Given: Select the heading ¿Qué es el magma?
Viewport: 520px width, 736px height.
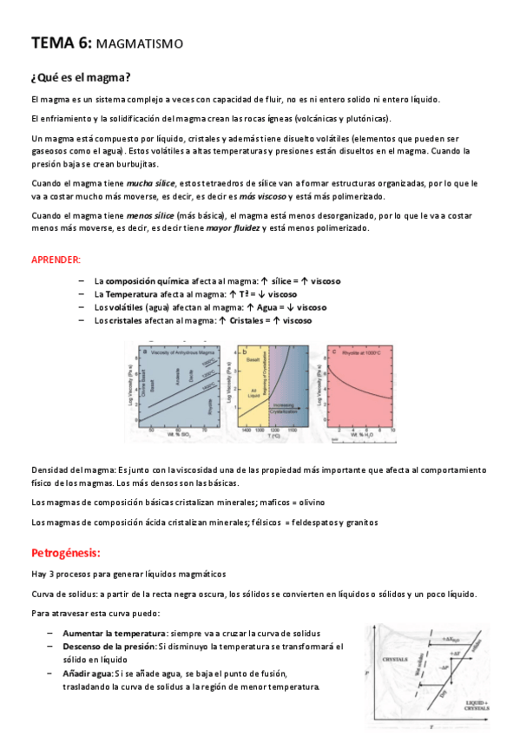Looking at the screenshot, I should [x=80, y=76].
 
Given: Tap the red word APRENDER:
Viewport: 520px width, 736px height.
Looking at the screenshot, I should [x=56, y=260].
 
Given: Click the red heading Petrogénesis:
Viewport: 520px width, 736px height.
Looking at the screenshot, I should [x=66, y=553].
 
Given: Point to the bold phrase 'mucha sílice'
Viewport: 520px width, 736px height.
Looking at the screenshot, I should [x=151, y=183].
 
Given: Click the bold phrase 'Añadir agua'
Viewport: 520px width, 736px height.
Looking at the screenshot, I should [x=88, y=674].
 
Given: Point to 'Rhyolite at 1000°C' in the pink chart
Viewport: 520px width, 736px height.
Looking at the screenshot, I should [x=359, y=352].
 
